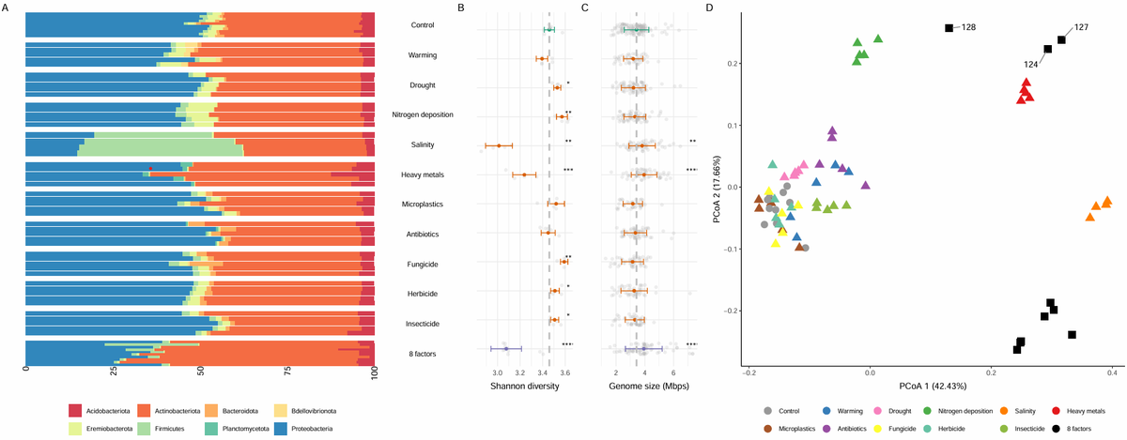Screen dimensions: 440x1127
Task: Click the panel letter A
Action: [5, 8]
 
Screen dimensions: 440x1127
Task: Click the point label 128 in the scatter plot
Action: [968, 28]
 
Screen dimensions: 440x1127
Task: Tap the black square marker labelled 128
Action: [949, 28]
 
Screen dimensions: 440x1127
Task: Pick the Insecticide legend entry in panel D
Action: [1027, 428]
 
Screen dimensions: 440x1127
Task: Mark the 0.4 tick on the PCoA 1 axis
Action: [1112, 372]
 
